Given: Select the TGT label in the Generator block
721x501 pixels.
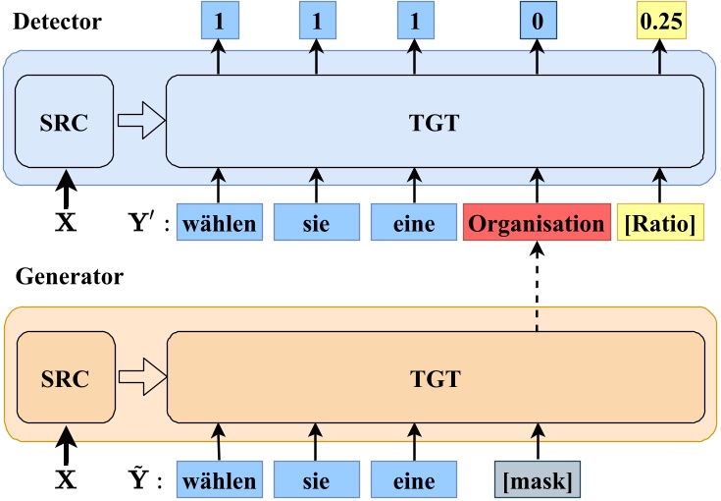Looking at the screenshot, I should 436,375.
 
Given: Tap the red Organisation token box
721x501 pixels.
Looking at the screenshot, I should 536,224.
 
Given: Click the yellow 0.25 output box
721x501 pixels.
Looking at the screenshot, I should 659,21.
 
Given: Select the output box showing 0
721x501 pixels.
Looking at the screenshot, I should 536,21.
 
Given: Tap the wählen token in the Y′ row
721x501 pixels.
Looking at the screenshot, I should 218,224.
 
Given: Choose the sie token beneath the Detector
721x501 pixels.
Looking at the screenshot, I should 314,224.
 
